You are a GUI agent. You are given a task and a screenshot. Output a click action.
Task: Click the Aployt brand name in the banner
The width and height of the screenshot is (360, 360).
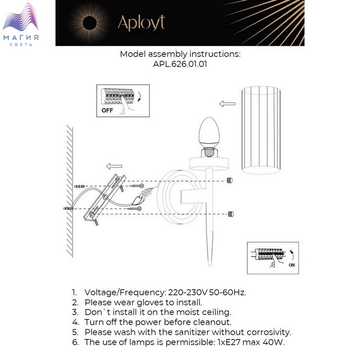coord(141,23)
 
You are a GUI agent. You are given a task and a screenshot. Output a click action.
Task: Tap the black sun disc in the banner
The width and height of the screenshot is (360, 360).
coord(89,23)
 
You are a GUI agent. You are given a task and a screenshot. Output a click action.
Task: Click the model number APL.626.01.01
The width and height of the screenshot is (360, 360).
coord(180,64)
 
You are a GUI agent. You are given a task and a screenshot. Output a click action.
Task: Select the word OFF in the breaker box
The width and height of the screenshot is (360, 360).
coord(107,111)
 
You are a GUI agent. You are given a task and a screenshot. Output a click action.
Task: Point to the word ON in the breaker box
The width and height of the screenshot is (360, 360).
coord(292,265)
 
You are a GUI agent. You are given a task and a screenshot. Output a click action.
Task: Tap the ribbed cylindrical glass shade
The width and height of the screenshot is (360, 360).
coord(261,130)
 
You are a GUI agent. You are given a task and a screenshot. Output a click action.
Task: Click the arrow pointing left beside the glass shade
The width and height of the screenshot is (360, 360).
coord(227,104)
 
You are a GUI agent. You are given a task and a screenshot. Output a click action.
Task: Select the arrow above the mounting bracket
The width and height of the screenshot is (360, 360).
coord(114,166)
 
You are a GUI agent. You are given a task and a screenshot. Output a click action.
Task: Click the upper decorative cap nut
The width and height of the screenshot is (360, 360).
coord(229,180)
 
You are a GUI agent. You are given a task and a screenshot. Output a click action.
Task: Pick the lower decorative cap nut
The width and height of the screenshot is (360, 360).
coord(231,214)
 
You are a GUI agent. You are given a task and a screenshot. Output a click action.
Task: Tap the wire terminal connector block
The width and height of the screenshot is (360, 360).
coord(146,193)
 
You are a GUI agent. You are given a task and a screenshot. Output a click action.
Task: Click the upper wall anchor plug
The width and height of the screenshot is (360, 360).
coord(79,186)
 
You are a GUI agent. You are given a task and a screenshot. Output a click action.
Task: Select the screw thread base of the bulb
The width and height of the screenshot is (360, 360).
coord(209,153)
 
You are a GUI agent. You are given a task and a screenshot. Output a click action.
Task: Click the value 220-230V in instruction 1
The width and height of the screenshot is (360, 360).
coord(188,293)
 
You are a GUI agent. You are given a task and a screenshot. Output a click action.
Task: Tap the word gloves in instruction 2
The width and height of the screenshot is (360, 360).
coord(152,303)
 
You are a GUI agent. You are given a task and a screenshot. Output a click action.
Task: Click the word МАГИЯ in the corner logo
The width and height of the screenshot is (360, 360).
coord(21,38)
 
